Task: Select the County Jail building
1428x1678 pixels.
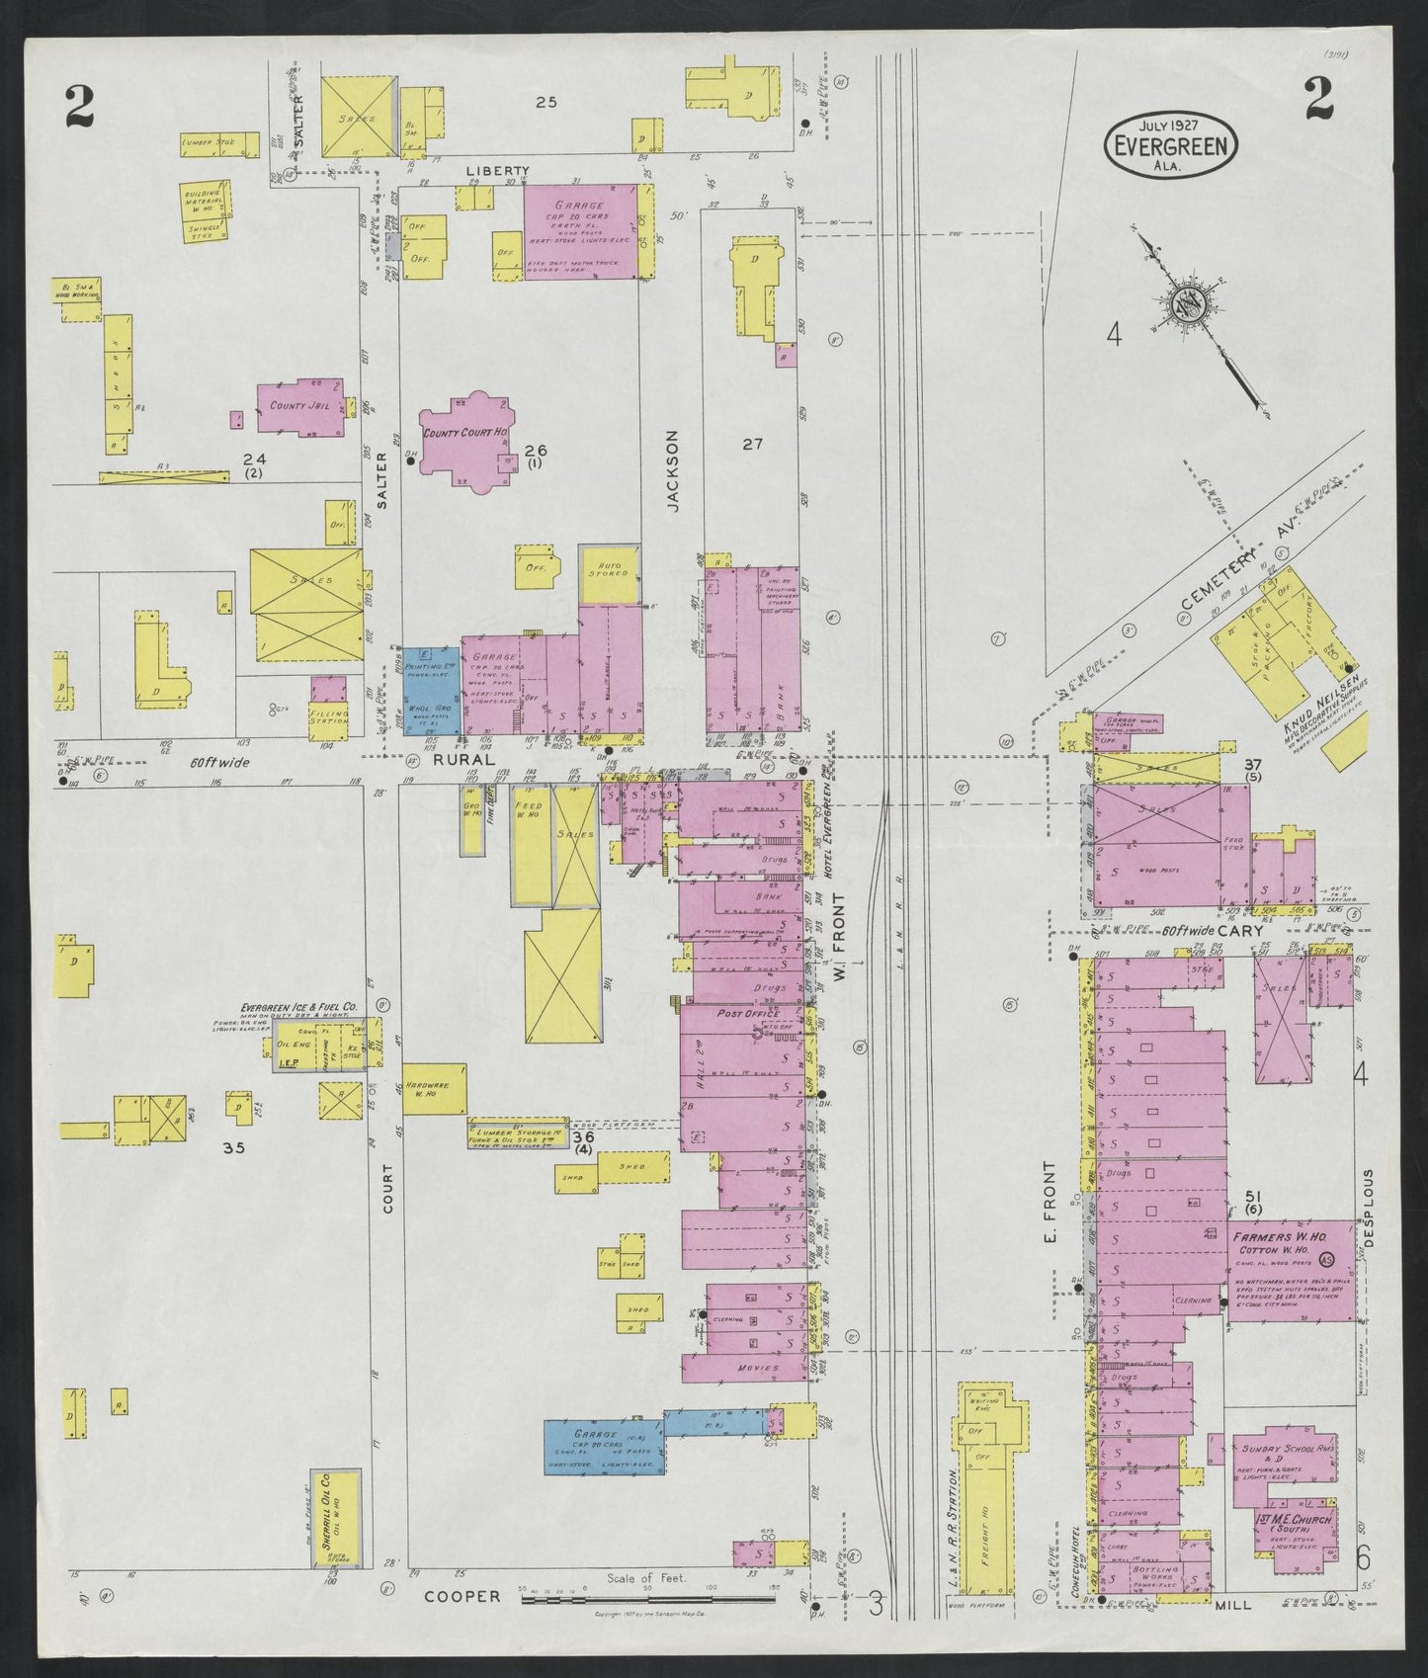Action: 296,405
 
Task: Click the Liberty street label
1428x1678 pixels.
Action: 499,171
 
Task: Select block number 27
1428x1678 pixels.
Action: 753,445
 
